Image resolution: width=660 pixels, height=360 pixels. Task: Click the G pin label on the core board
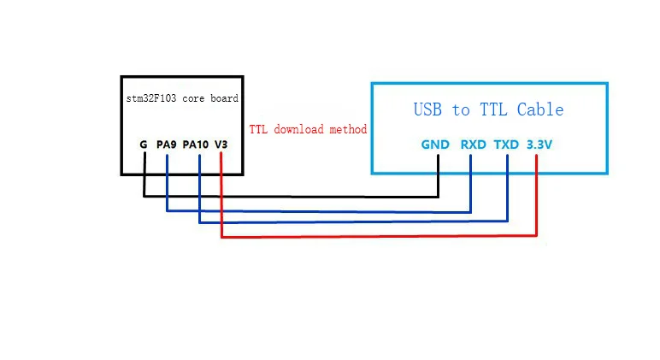coord(144,145)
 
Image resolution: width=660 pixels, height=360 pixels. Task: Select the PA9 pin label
coord(166,145)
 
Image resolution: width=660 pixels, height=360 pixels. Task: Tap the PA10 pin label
coord(196,145)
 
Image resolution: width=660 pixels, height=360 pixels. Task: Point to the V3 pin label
coord(221,145)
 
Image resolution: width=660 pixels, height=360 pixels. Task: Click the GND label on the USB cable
coord(435,145)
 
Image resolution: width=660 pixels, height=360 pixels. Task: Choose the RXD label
coord(474,145)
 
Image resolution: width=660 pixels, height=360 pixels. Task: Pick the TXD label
coord(506,145)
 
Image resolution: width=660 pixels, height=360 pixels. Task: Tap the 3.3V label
coord(539,145)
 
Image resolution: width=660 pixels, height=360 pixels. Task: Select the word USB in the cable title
coord(430,109)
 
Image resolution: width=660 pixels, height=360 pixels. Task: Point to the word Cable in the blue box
coord(540,109)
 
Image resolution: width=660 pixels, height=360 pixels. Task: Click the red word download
coord(299,129)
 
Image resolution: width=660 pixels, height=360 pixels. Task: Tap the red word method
coord(348,129)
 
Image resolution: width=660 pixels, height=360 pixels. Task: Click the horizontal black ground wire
coord(291,197)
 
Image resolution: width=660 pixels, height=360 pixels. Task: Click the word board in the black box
coord(223,99)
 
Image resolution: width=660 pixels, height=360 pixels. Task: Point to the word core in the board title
coord(194,99)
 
